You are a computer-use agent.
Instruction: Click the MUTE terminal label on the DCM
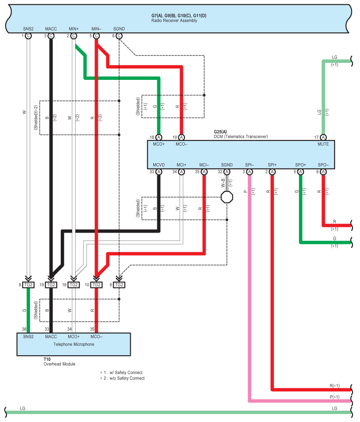[x=323, y=144]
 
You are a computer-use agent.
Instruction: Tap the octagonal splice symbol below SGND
[x=227, y=197]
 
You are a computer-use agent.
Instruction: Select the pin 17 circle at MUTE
[x=323, y=137]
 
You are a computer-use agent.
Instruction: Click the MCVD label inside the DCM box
[x=159, y=165]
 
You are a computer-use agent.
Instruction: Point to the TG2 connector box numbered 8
[x=28, y=285]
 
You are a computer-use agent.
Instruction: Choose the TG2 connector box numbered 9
[x=119, y=285]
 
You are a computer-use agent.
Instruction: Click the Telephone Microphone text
[x=74, y=344]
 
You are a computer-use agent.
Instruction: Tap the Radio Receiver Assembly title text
[x=174, y=21]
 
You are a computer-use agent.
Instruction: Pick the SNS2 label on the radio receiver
[x=28, y=29]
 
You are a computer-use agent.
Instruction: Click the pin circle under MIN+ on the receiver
[x=73, y=36]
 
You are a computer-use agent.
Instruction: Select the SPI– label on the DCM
[x=249, y=165]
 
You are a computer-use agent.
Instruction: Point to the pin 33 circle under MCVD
[x=159, y=172]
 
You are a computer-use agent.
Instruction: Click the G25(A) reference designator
[x=220, y=132]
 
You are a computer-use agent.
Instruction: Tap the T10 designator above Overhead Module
[x=47, y=359]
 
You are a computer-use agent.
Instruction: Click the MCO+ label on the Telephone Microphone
[x=73, y=337]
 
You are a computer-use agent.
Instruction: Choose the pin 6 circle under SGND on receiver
[x=119, y=36]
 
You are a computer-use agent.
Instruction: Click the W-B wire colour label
[x=223, y=183]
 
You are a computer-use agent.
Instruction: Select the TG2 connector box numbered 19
[x=51, y=285]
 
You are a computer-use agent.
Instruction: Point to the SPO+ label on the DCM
[x=301, y=165]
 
